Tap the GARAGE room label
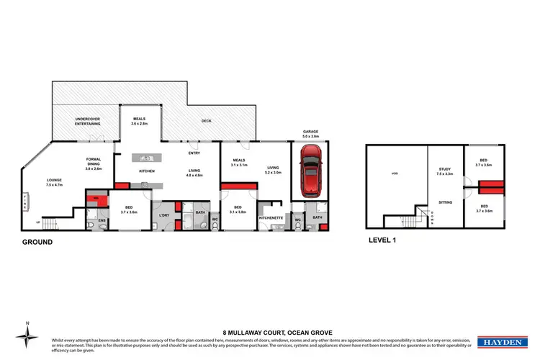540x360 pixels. click(310, 132)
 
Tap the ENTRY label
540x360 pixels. click(194, 153)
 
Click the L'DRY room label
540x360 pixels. click(163, 215)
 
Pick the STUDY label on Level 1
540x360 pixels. click(445, 170)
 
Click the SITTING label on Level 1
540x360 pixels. click(445, 203)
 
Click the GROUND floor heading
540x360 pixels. click(37, 243)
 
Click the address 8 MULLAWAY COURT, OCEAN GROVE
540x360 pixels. click(270, 324)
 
